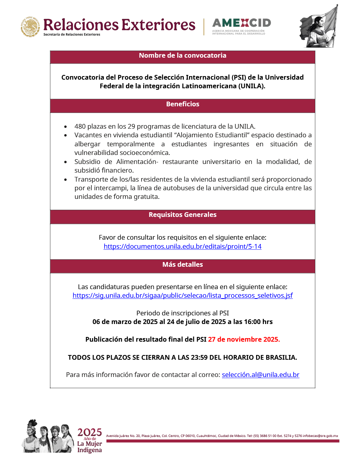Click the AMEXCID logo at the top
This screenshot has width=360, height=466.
pyautogui.click(x=241, y=25)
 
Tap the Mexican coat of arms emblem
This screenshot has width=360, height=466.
pyautogui.click(x=30, y=27)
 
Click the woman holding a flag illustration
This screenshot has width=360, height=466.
pyautogui.click(x=318, y=26)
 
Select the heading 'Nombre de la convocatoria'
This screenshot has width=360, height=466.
pyautogui.click(x=182, y=56)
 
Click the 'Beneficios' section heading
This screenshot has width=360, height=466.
pyautogui.click(x=182, y=104)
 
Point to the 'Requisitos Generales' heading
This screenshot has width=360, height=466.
pyautogui.click(x=182, y=215)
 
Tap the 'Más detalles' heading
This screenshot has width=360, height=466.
pyautogui.click(x=182, y=265)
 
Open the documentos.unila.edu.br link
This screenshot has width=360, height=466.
pyautogui.click(x=182, y=247)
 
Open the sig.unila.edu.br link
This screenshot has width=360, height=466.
pyautogui.click(x=182, y=296)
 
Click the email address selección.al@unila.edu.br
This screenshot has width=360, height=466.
pyautogui.click(x=260, y=375)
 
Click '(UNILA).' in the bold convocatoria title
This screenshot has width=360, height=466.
pyautogui.click(x=252, y=86)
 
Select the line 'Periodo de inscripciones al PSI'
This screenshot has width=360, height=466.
pyautogui.click(x=182, y=313)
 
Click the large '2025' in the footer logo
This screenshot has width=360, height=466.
pyautogui.click(x=89, y=433)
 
